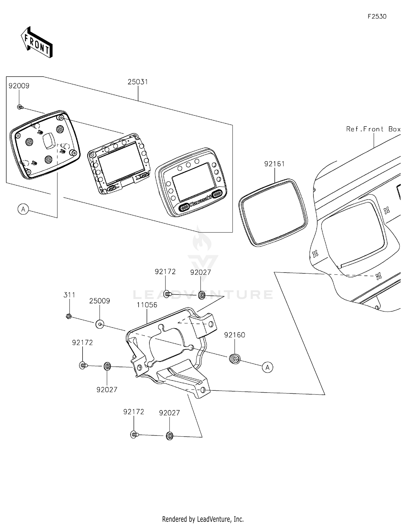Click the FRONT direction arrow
tap(37, 42)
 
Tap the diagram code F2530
tap(377, 16)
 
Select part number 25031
tap(138, 82)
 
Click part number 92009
tap(19, 86)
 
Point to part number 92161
tap(274, 164)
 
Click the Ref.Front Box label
tap(373, 129)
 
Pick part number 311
tap(69, 295)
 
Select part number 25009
tap(100, 301)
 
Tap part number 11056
tap(147, 305)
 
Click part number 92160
tap(234, 335)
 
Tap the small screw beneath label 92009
tap(20, 107)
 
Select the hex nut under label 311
tap(69, 316)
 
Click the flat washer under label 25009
tap(100, 324)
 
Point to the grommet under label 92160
tap(235, 359)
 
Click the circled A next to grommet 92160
tap(267, 367)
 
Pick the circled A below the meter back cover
tap(23, 209)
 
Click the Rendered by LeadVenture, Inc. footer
tap(203, 519)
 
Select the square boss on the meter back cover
tap(49, 141)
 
